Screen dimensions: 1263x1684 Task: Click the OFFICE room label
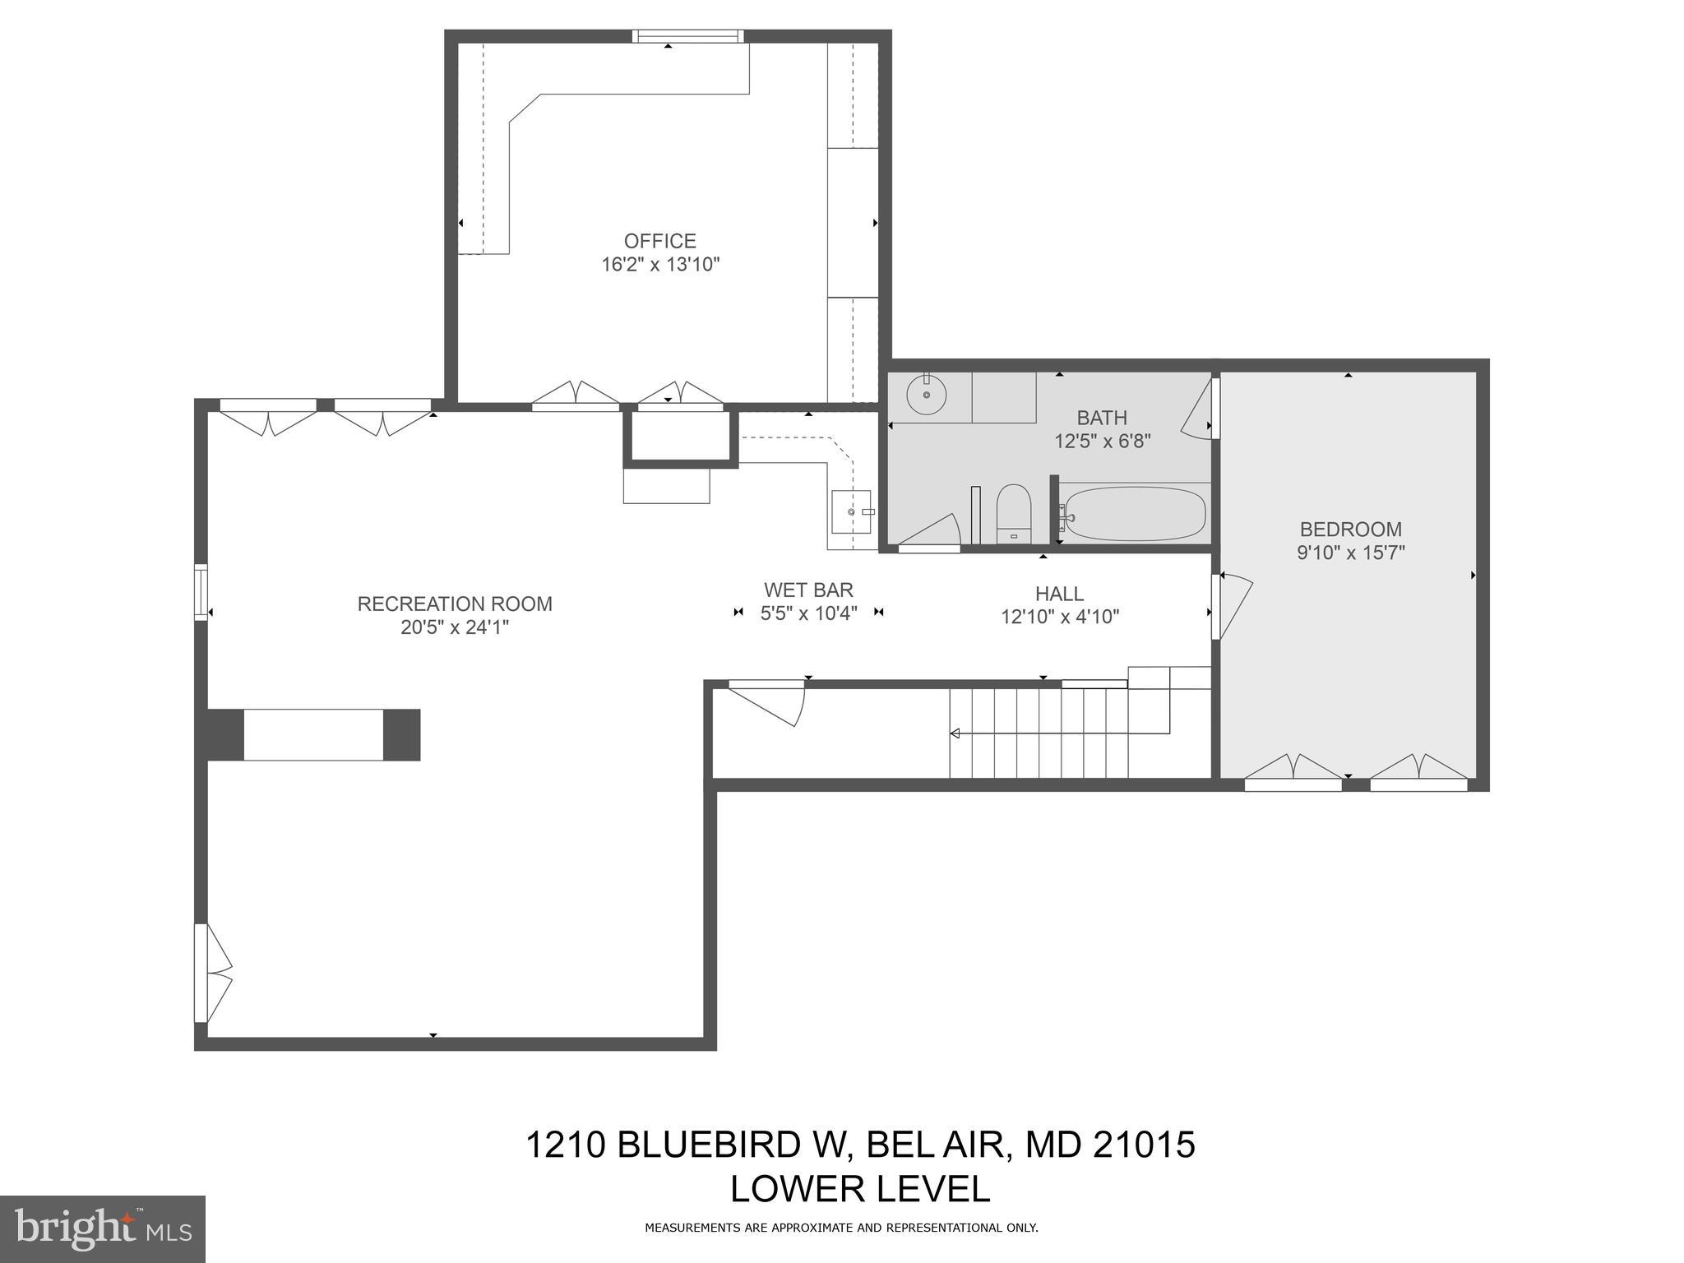[659, 241]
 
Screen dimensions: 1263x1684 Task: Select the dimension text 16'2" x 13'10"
[659, 265]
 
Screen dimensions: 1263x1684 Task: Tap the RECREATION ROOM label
[454, 604]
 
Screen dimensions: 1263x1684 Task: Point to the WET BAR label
[808, 590]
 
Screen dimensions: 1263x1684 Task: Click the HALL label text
[1059, 593]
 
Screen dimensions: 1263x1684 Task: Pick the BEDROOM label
[1350, 529]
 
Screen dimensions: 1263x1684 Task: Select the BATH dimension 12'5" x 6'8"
[1102, 442]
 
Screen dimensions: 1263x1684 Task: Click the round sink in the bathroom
[926, 395]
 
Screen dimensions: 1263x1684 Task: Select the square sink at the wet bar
[850, 511]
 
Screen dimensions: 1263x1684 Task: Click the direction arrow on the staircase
[955, 733]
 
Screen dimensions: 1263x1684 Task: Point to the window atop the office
[687, 36]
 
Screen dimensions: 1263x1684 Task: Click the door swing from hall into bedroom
[1233, 604]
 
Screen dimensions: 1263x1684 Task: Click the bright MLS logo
[102, 1228]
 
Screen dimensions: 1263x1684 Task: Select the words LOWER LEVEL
[860, 1189]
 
